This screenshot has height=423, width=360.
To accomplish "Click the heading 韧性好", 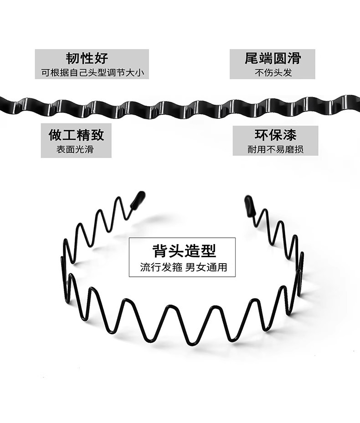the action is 87,58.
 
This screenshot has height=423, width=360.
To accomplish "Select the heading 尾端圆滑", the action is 273,58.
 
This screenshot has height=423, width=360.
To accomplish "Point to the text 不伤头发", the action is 273,72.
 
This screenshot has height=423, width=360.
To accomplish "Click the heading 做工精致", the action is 76,135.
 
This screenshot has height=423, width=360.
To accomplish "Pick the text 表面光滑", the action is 75,149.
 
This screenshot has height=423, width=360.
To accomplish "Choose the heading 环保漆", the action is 275,135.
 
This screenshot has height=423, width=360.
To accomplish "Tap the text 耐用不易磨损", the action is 275,149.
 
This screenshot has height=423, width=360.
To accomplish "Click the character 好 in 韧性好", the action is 101,58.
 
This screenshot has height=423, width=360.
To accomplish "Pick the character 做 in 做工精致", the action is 55,135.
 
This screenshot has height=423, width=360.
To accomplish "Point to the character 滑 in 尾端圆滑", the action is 294,58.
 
